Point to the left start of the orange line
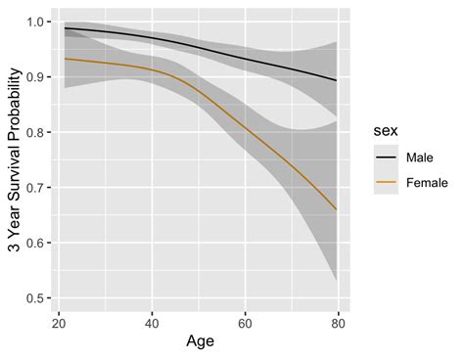click(x=64, y=59)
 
